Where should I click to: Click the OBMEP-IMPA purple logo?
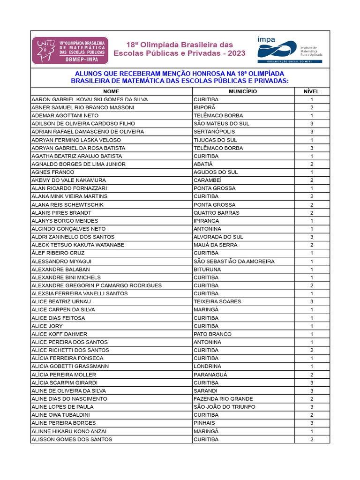click(70, 50)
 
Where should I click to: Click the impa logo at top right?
click(289, 50)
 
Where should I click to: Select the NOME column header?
click(111, 91)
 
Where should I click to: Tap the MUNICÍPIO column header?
click(243, 91)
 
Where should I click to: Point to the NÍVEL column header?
click(312, 91)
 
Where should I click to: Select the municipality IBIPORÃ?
click(204, 107)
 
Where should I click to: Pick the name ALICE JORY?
click(47, 326)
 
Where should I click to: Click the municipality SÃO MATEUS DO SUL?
click(221, 124)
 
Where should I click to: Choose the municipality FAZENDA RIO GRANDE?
click(223, 399)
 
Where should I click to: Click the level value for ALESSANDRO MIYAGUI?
click(312, 261)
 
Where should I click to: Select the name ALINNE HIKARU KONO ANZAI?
click(69, 431)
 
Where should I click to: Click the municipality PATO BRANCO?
click(212, 334)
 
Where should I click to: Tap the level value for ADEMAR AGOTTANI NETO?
click(312, 115)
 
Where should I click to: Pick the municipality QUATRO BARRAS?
click(216, 213)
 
